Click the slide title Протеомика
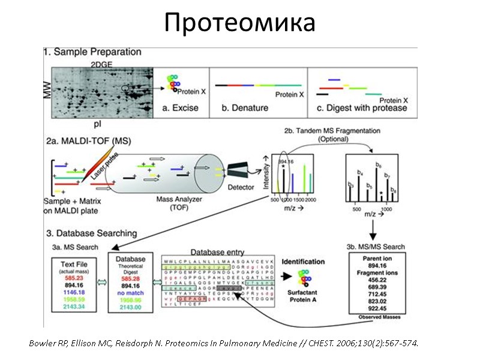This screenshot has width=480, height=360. [x=239, y=23]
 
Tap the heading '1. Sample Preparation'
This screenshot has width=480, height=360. [x=92, y=53]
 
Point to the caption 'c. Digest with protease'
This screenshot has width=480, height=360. [x=362, y=109]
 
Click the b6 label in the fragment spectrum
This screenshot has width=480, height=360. [x=378, y=164]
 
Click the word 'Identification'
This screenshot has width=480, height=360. [x=303, y=262]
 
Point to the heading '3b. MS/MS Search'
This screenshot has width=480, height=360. [x=376, y=246]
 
